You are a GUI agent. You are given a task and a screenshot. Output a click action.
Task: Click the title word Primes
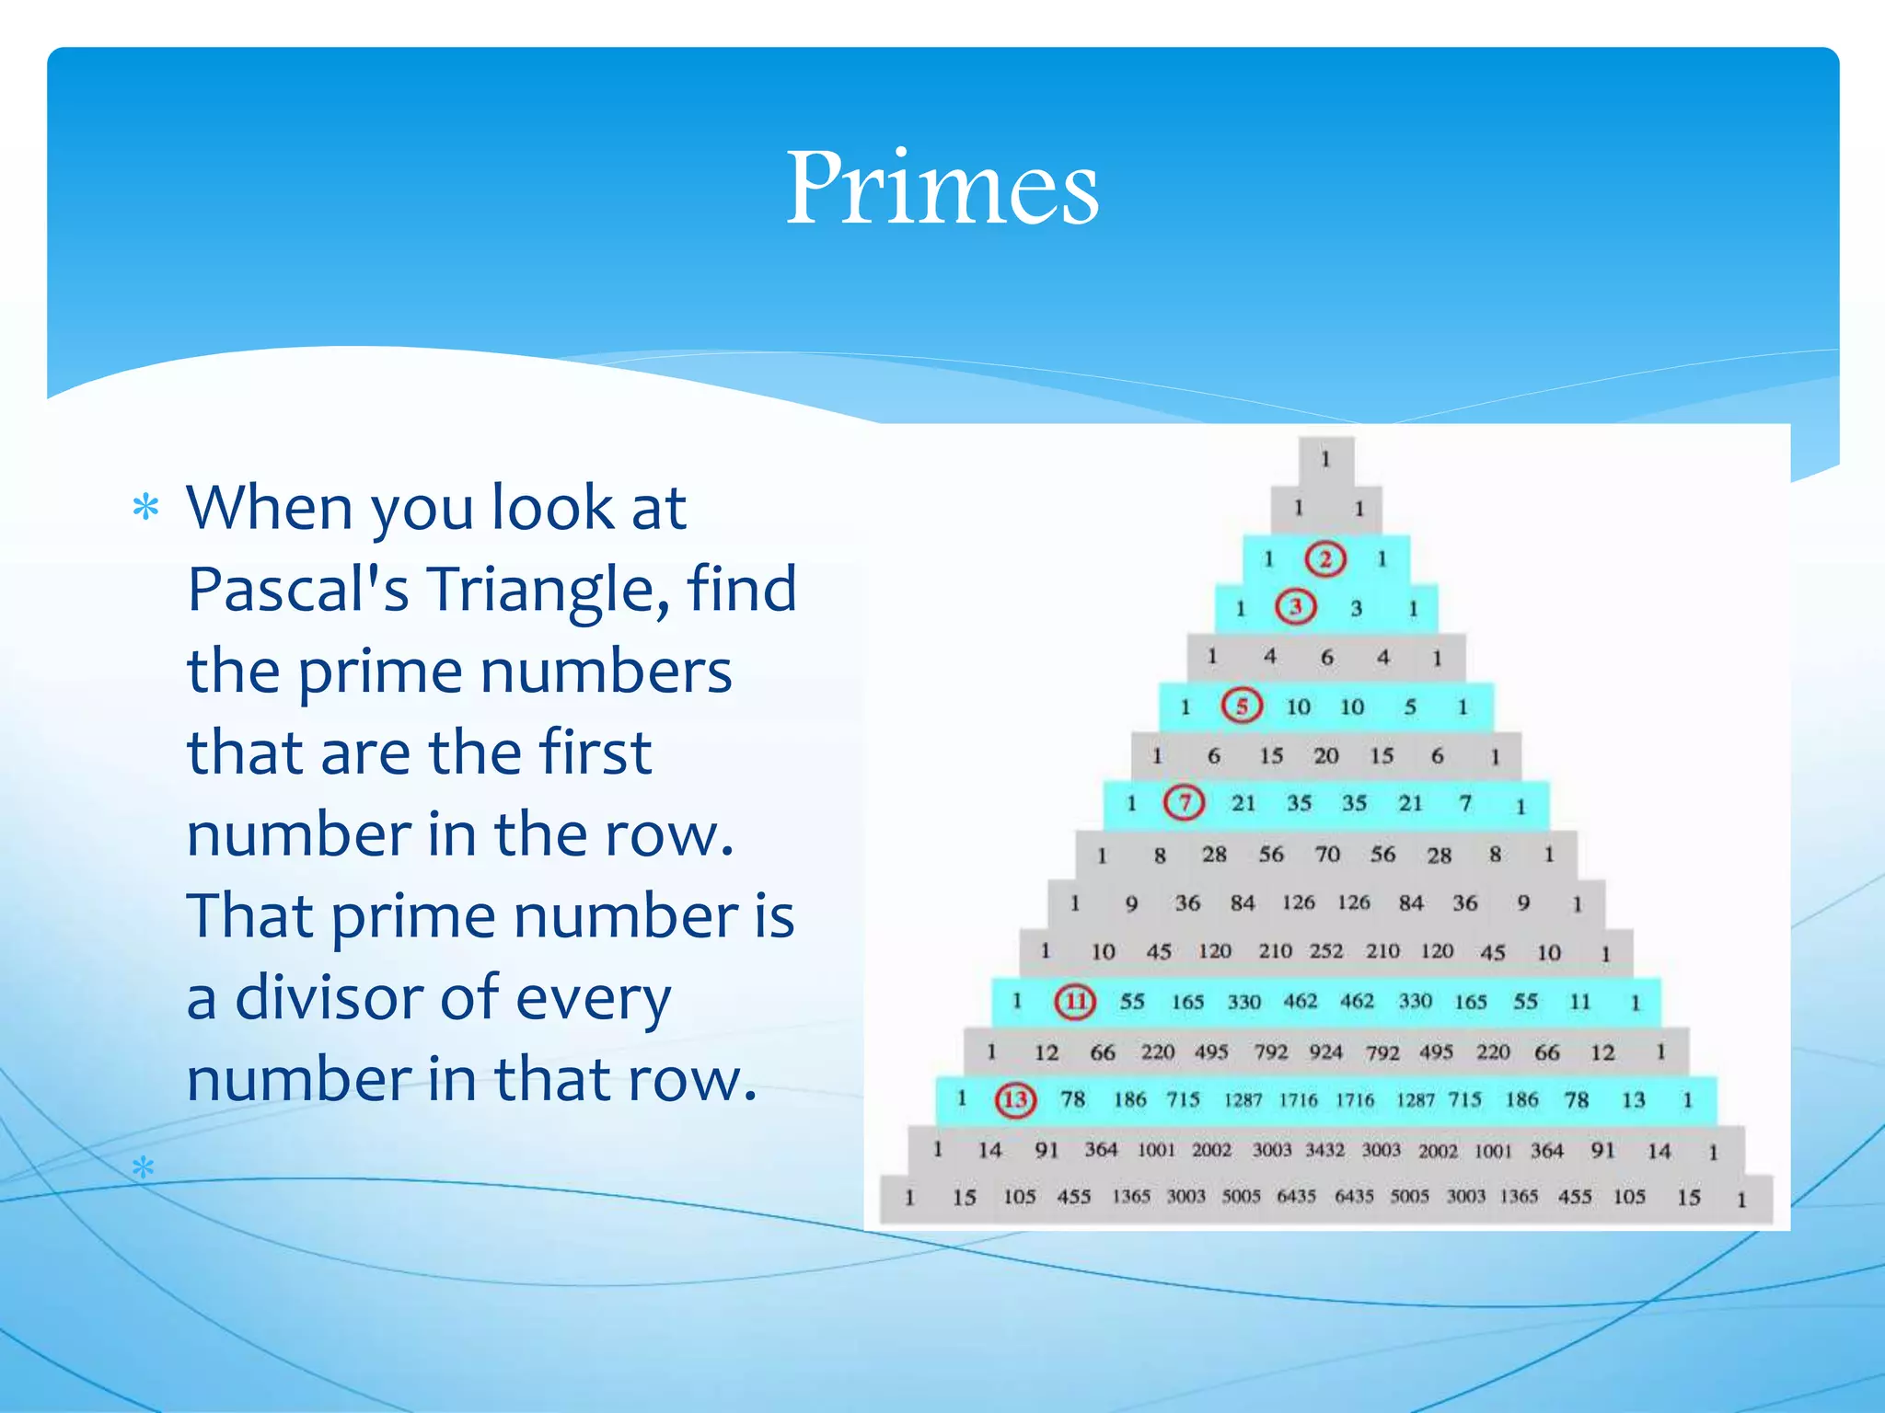[942, 188]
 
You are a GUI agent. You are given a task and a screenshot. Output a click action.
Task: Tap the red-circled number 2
[1325, 558]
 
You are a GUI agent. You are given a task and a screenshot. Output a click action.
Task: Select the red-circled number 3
[1295, 607]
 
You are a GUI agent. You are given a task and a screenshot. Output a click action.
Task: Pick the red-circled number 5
[1242, 706]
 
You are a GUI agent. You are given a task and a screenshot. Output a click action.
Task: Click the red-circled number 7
[1184, 803]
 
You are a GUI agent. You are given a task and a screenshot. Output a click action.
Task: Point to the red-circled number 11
[1075, 1001]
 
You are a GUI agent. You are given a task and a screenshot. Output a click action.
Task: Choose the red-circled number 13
[1015, 1099]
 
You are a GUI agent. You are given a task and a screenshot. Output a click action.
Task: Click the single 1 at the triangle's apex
[1325, 458]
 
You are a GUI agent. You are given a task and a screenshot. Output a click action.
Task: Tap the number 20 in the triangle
[1325, 756]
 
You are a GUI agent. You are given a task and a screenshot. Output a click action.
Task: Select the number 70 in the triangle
[1327, 855]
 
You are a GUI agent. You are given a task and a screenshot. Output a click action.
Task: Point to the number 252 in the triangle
[1326, 951]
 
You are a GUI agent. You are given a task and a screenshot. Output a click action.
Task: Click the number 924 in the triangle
[1326, 1051]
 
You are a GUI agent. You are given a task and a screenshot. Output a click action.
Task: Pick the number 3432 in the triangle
[1325, 1150]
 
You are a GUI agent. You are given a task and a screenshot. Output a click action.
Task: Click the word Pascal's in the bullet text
[298, 589]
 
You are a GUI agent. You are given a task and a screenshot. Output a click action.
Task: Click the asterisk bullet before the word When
[145, 507]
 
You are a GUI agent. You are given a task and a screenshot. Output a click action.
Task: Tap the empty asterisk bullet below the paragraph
[143, 1168]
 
